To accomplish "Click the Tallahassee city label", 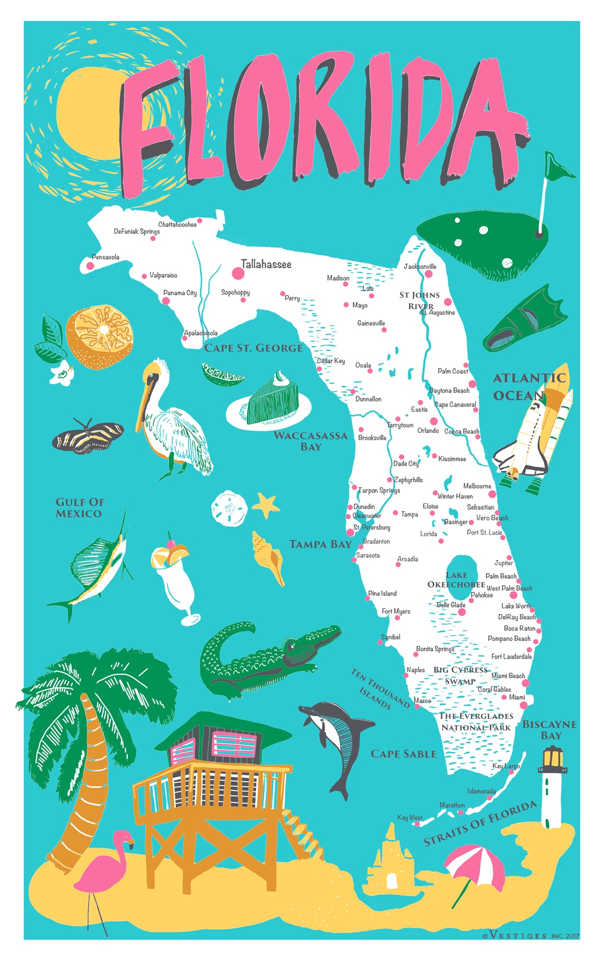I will click(x=266, y=264).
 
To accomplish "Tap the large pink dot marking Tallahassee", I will click(x=238, y=273).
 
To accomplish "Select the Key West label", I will click(x=409, y=817).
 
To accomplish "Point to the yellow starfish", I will click(x=266, y=505).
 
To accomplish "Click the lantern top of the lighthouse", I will click(x=552, y=759).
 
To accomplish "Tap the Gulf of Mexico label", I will click(x=80, y=508).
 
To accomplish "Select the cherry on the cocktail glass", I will click(x=171, y=543).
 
